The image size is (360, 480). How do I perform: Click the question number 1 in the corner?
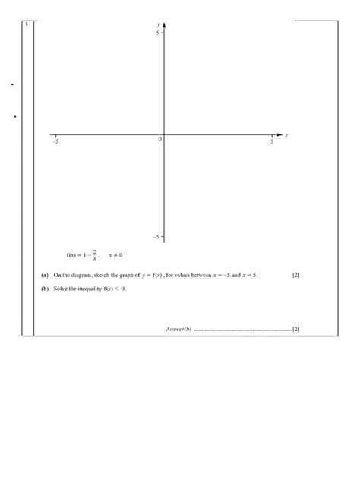tap(27, 24)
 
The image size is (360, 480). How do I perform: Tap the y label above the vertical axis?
tap(158, 25)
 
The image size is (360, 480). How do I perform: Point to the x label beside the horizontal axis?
tap(286, 135)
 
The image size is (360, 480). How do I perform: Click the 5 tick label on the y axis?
tap(158, 33)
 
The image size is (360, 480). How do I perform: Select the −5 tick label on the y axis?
tap(156, 238)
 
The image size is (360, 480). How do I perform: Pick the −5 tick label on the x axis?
tap(55, 142)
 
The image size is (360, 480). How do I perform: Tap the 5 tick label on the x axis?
tap(272, 142)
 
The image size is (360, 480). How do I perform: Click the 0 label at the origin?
tap(159, 140)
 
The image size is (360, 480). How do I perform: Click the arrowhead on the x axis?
tap(279, 135)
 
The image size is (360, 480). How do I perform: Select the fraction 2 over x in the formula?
tap(95, 254)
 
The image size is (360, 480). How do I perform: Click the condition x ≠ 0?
tap(115, 255)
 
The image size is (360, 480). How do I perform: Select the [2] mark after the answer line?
tap(295, 329)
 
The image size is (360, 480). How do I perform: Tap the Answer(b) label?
tap(178, 329)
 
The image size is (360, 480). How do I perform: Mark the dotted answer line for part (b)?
tap(243, 330)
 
